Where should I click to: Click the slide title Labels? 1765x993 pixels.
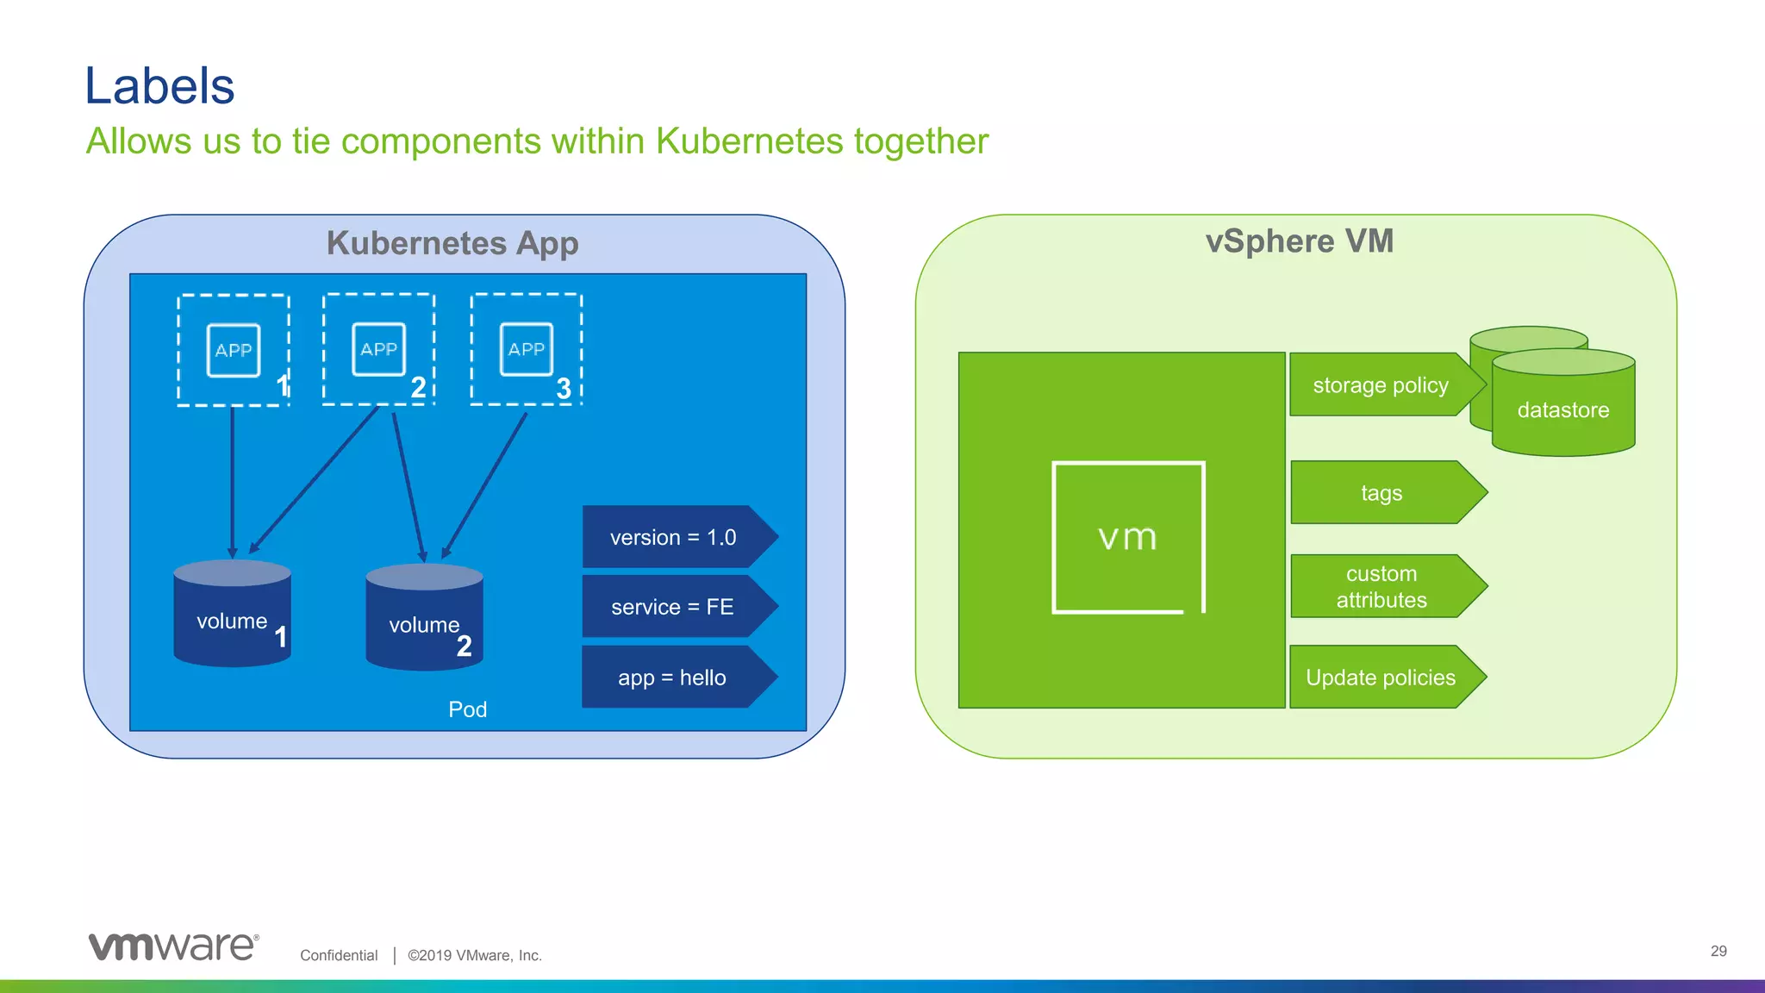[x=159, y=86]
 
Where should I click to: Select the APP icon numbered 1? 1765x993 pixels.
[x=234, y=350]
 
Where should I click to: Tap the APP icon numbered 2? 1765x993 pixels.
[x=378, y=349]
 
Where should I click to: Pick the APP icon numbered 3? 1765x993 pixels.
[x=527, y=349]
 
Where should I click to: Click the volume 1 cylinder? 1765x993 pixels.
[x=232, y=614]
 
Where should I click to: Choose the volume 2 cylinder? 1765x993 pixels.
[x=424, y=618]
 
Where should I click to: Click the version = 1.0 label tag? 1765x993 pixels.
[x=674, y=537]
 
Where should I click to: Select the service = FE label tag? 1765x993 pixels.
[x=674, y=607]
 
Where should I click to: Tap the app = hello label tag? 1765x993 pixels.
[x=674, y=678]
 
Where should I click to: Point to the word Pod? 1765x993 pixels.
[x=467, y=709]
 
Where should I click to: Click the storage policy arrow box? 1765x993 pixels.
[x=1381, y=385]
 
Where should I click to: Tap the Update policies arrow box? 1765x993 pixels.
[x=1381, y=678]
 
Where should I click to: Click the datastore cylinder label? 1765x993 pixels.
[x=1563, y=410]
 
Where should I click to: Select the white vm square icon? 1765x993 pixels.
[x=1128, y=538]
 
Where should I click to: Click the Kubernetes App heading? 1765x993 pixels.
[x=452, y=243]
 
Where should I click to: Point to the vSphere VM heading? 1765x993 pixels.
[x=1299, y=241]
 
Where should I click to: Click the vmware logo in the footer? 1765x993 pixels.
[x=173, y=946]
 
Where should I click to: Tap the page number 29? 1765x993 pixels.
[x=1718, y=951]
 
